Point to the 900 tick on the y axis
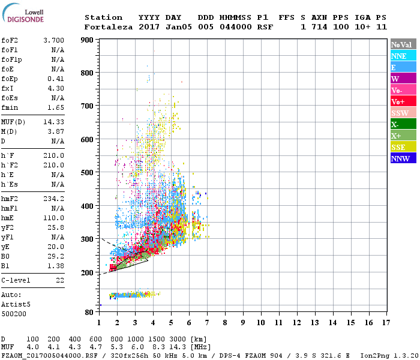point(88,40)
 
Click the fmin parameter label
point(10,107)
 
